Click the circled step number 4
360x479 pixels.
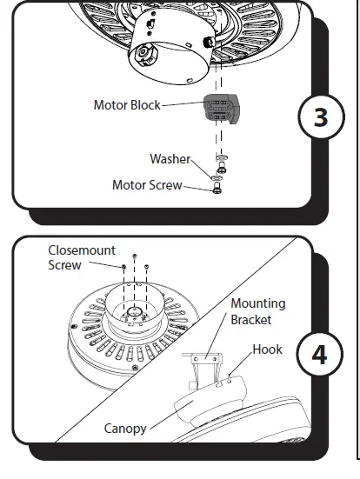(319, 356)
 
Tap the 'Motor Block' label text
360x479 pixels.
(127, 105)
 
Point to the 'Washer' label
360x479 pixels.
(170, 159)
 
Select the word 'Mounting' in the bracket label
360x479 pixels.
(257, 303)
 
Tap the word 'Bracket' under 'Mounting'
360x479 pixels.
(251, 319)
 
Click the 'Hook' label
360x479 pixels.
(267, 349)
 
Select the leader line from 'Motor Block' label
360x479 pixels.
(183, 105)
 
